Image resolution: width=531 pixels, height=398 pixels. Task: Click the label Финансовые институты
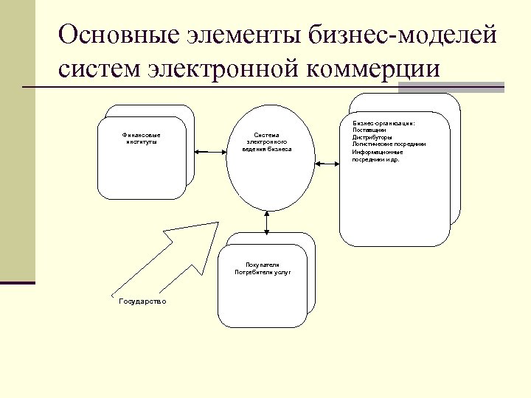pyautogui.click(x=141, y=139)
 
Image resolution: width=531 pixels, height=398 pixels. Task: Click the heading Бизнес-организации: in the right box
pyautogui.click(x=383, y=122)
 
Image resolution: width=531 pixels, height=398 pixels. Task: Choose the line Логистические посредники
pyautogui.click(x=389, y=144)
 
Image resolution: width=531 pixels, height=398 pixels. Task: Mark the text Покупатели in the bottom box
pyautogui.click(x=263, y=264)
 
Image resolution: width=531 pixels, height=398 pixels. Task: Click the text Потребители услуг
pyautogui.click(x=263, y=272)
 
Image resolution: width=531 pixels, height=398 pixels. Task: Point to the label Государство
pyautogui.click(x=142, y=301)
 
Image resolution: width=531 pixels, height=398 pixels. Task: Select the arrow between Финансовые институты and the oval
pyautogui.click(x=209, y=150)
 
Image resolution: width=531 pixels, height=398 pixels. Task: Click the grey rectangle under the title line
pyautogui.click(x=428, y=88)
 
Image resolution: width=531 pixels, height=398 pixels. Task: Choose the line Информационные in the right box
pyautogui.click(x=377, y=152)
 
